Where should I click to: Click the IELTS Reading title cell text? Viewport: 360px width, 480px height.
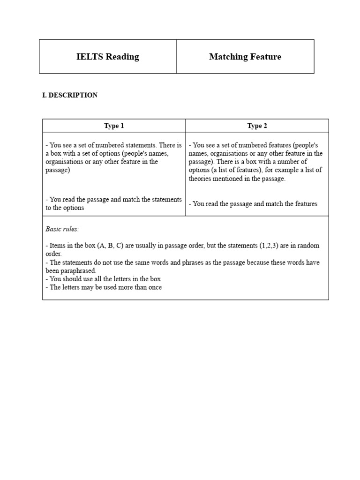107,57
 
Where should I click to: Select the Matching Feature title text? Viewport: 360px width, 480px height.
245,57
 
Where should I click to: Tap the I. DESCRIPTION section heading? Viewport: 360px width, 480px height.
70,95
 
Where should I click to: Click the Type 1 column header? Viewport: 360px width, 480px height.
114,126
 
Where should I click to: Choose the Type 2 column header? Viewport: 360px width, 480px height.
257,126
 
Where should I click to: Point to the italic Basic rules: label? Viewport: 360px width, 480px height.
62,229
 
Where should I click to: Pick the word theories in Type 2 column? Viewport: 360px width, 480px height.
201,179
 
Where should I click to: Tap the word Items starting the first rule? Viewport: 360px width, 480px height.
57,246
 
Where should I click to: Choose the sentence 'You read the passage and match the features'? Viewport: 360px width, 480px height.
253,203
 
